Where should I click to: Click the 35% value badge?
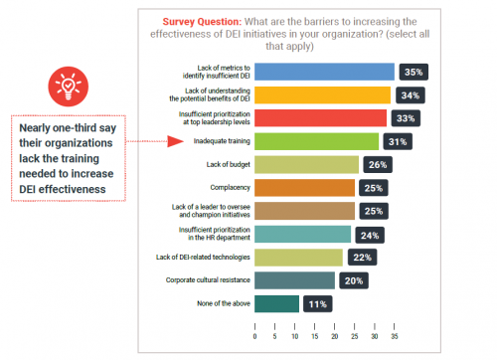(x=413, y=72)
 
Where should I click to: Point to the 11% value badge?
(x=317, y=303)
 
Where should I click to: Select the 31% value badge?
(x=398, y=140)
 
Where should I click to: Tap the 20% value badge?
(x=353, y=280)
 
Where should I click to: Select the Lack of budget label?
(x=228, y=163)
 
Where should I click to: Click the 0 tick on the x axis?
(x=255, y=336)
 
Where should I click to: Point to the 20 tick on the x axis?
(x=335, y=336)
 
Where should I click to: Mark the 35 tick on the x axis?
(x=395, y=336)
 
